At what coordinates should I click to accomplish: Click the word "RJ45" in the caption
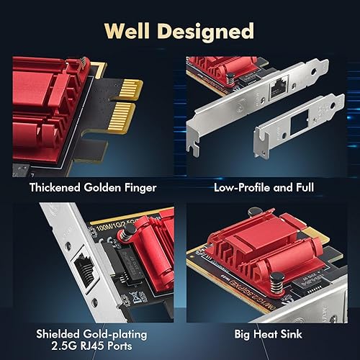coord(82,350)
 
